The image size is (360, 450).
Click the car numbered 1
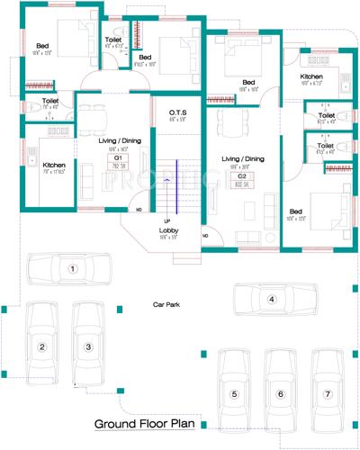tap(74, 268)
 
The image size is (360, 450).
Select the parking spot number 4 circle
tap(270, 299)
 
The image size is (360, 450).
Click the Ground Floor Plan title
tap(148, 422)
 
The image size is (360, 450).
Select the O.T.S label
tap(177, 113)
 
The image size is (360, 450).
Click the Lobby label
tap(169, 230)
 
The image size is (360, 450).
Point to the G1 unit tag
tap(117, 157)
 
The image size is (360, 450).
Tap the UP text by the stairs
tap(166, 220)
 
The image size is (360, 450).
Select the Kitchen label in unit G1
tap(54, 165)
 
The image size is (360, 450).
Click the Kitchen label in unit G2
tap(312, 78)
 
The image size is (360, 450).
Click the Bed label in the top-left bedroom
tap(42, 45)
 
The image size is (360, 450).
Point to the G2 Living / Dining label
tap(243, 158)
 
